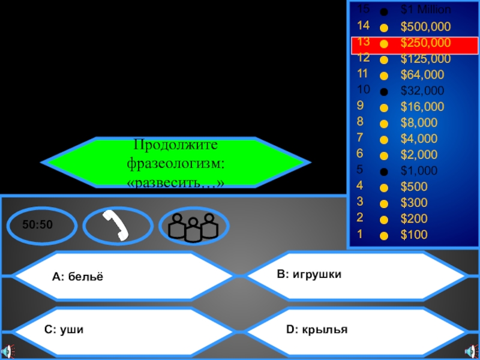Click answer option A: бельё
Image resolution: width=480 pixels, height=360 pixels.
click(78, 277)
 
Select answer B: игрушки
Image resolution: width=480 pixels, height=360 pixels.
click(309, 274)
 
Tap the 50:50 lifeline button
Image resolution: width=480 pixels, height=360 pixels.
click(38, 226)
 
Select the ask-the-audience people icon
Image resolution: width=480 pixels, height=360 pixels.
click(193, 226)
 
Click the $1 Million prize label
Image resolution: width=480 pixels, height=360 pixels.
click(425, 10)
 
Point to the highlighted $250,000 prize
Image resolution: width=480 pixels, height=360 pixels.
click(425, 43)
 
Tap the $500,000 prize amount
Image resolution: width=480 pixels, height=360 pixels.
click(425, 27)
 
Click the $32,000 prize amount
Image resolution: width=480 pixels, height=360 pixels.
click(422, 91)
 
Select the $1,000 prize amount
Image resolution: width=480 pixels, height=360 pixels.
click(419, 171)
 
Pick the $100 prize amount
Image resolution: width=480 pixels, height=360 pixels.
click(414, 235)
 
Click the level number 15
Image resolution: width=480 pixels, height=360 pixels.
click(363, 9)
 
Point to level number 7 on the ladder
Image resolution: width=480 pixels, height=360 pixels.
click(360, 139)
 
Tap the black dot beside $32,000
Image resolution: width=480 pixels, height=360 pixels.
click(384, 92)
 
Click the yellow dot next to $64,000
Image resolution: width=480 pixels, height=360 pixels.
click(384, 76)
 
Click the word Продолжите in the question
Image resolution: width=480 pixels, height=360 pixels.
click(176, 145)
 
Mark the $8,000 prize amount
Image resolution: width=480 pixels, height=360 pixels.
click(419, 123)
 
